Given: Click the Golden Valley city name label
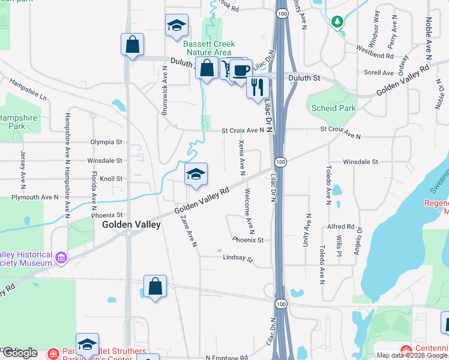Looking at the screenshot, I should click(131, 224).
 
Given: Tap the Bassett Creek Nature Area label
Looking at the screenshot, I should click(209, 49).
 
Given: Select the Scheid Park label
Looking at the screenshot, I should click(333, 108).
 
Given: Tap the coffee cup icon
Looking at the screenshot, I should click(241, 70).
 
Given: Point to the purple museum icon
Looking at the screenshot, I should click(61, 259).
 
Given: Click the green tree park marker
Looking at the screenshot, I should click(337, 23).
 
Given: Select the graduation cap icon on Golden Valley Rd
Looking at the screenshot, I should click(196, 174).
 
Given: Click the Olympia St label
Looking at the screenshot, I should click(106, 142).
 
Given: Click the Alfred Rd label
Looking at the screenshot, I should click(341, 227).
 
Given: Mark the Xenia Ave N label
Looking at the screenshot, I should click(242, 157).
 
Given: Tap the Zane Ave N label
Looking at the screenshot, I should click(188, 232).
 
